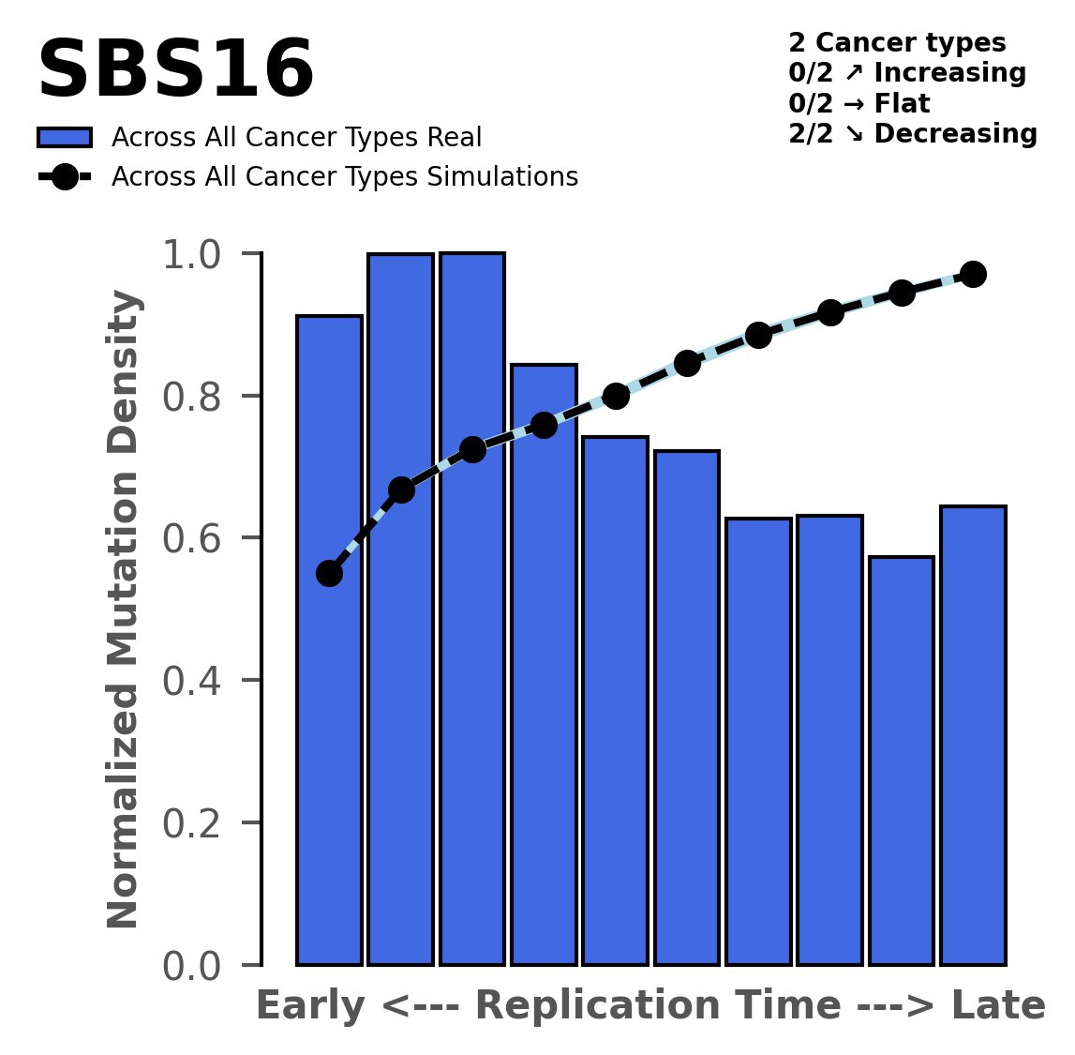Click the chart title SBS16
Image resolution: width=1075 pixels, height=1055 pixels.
pos(175,71)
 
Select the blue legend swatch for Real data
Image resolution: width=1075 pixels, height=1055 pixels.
pos(65,138)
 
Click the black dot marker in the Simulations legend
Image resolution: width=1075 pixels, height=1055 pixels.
pos(65,177)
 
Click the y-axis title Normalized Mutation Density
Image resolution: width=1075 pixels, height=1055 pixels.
pos(125,610)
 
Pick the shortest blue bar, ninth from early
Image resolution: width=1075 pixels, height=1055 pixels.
pos(902,760)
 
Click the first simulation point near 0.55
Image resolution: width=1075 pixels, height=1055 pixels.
pos(329,573)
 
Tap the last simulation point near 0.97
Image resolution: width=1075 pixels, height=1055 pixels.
pos(973,274)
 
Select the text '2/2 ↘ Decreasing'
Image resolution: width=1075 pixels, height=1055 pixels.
pos(913,134)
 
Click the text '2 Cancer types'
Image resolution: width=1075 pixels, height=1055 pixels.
pos(897,43)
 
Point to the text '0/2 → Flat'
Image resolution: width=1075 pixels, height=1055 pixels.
pos(859,103)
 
